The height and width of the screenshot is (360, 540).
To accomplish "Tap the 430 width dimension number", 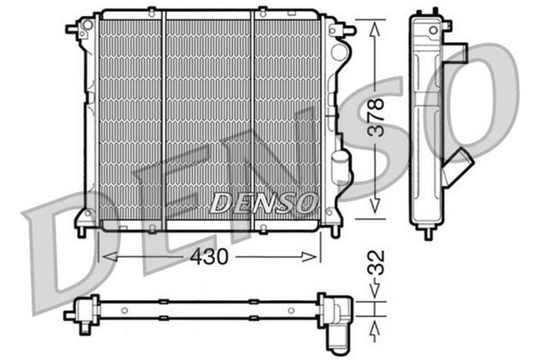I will (210, 256).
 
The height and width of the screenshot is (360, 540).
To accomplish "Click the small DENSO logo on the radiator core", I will (263, 202).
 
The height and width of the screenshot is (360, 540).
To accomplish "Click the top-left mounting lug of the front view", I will (74, 28).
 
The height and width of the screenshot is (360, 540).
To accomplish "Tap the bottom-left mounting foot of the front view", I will (82, 228).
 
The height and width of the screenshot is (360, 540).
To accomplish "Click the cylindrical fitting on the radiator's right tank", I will (339, 169).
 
